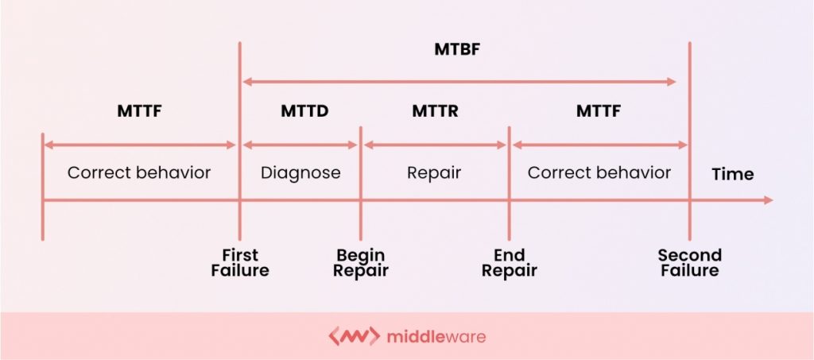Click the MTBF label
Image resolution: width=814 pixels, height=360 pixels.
[x=457, y=50]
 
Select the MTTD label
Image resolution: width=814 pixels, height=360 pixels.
[x=304, y=111]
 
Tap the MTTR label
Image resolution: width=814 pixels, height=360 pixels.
[x=435, y=111]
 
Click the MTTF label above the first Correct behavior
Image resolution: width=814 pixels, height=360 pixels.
[x=140, y=111]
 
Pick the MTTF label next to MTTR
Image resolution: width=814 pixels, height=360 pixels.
[x=599, y=111]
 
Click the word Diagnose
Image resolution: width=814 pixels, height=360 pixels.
[x=300, y=172]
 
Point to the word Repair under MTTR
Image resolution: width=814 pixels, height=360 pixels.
[x=434, y=172]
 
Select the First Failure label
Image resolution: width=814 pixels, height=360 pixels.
[x=240, y=262]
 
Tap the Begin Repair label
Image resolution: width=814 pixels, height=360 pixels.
[x=360, y=262]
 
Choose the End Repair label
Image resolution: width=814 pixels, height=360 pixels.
[x=510, y=262]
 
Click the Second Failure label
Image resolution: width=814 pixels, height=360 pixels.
[x=690, y=262]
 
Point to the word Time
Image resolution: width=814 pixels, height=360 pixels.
[x=732, y=174]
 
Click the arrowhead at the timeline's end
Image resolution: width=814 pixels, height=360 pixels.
[x=769, y=200]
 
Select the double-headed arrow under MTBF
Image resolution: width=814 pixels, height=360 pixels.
[x=459, y=82]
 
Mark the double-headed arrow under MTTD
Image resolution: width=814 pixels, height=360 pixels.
[x=300, y=145]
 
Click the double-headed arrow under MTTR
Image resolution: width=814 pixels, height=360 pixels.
[x=435, y=145]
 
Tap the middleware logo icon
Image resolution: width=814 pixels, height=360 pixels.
[x=354, y=336]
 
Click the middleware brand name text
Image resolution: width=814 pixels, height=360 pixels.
[x=436, y=337]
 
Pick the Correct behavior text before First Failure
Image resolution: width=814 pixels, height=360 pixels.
[x=139, y=172]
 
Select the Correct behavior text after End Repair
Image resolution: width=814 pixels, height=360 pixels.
[x=599, y=172]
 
